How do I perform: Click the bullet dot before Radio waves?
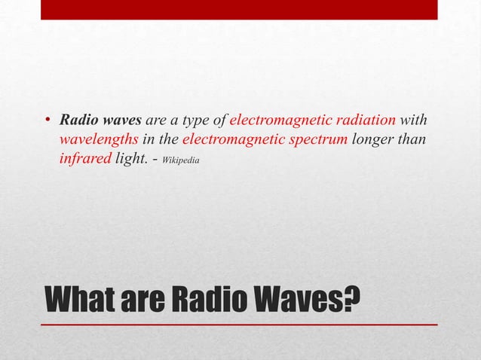click(47, 121)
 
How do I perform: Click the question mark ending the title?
click(348, 300)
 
